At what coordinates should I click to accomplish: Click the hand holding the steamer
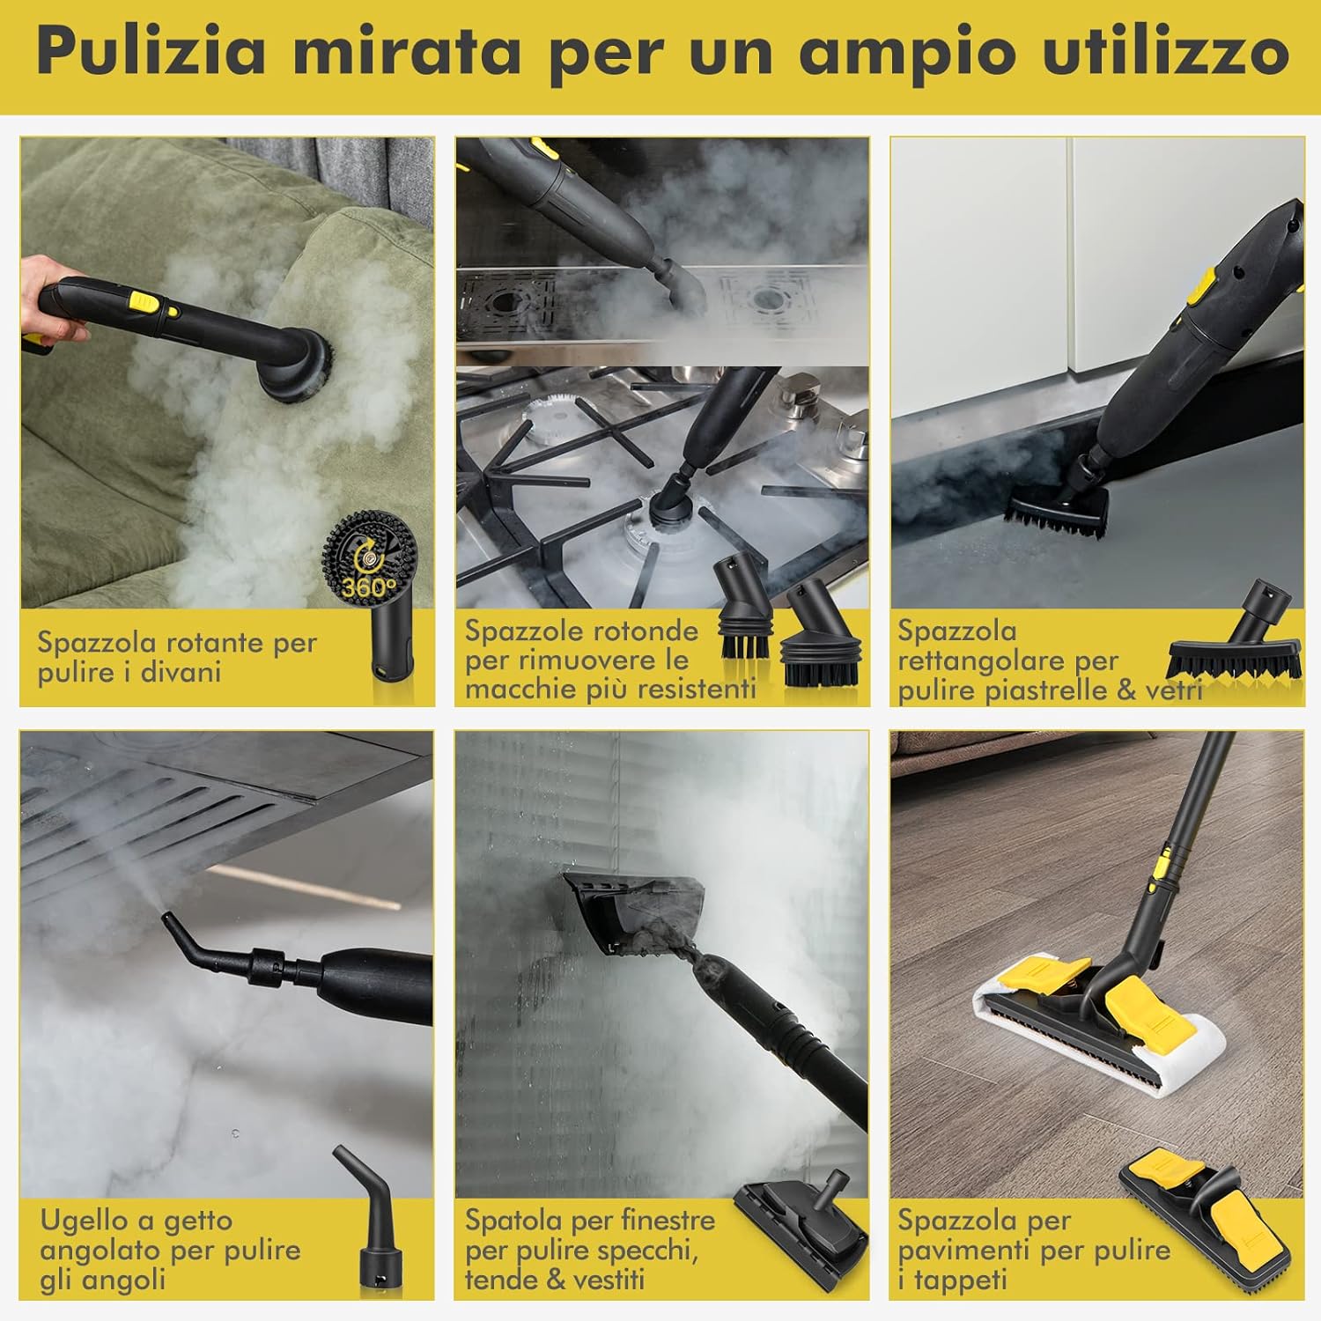53,304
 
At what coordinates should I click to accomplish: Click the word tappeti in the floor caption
960,1280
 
